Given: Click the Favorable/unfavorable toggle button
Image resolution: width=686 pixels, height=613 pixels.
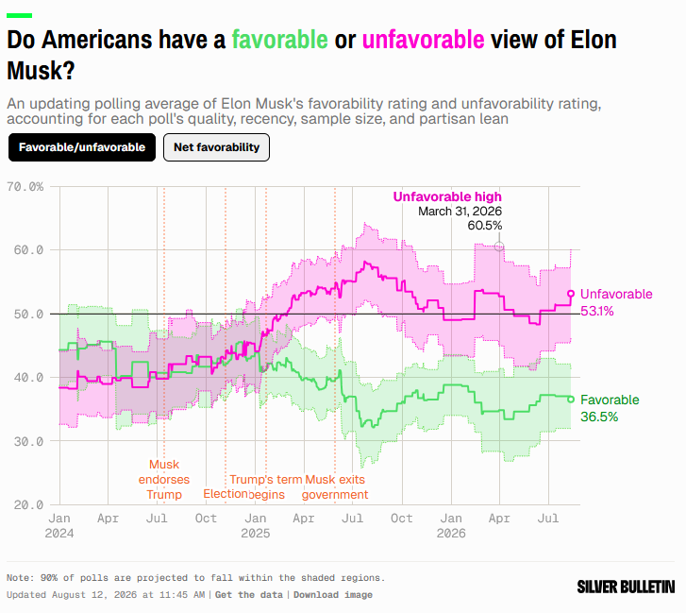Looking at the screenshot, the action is (82, 147).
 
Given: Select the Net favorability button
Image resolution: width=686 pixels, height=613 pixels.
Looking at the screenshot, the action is (217, 147).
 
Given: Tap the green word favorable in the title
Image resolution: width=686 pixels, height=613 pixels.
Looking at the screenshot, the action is (280, 40).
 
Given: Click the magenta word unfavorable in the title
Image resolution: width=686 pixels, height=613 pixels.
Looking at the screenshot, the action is (423, 40).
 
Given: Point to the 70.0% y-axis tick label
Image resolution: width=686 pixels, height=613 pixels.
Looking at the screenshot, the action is (25, 187).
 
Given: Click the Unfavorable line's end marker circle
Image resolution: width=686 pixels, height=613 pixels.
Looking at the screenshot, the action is (571, 294).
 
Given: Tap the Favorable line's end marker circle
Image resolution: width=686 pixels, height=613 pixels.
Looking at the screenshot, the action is (571, 400).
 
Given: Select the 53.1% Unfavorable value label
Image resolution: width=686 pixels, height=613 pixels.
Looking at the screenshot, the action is (597, 311).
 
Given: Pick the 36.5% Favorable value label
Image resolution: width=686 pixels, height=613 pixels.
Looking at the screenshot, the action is (599, 417).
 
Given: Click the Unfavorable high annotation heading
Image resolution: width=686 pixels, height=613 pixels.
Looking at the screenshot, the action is (447, 196).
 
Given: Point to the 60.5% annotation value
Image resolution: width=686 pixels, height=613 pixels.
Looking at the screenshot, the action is (485, 225).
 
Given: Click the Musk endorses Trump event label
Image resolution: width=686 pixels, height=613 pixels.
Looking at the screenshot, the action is (164, 480).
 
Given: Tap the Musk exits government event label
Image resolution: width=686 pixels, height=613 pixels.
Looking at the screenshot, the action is (335, 486).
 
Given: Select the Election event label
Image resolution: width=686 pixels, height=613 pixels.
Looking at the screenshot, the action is (226, 494).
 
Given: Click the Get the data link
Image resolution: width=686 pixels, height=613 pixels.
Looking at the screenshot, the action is (249, 595).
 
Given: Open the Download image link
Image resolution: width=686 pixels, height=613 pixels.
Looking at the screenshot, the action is (333, 595).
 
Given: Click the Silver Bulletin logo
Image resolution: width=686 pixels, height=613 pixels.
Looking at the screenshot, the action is (626, 587).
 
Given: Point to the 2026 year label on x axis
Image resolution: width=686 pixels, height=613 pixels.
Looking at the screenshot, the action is (451, 534).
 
